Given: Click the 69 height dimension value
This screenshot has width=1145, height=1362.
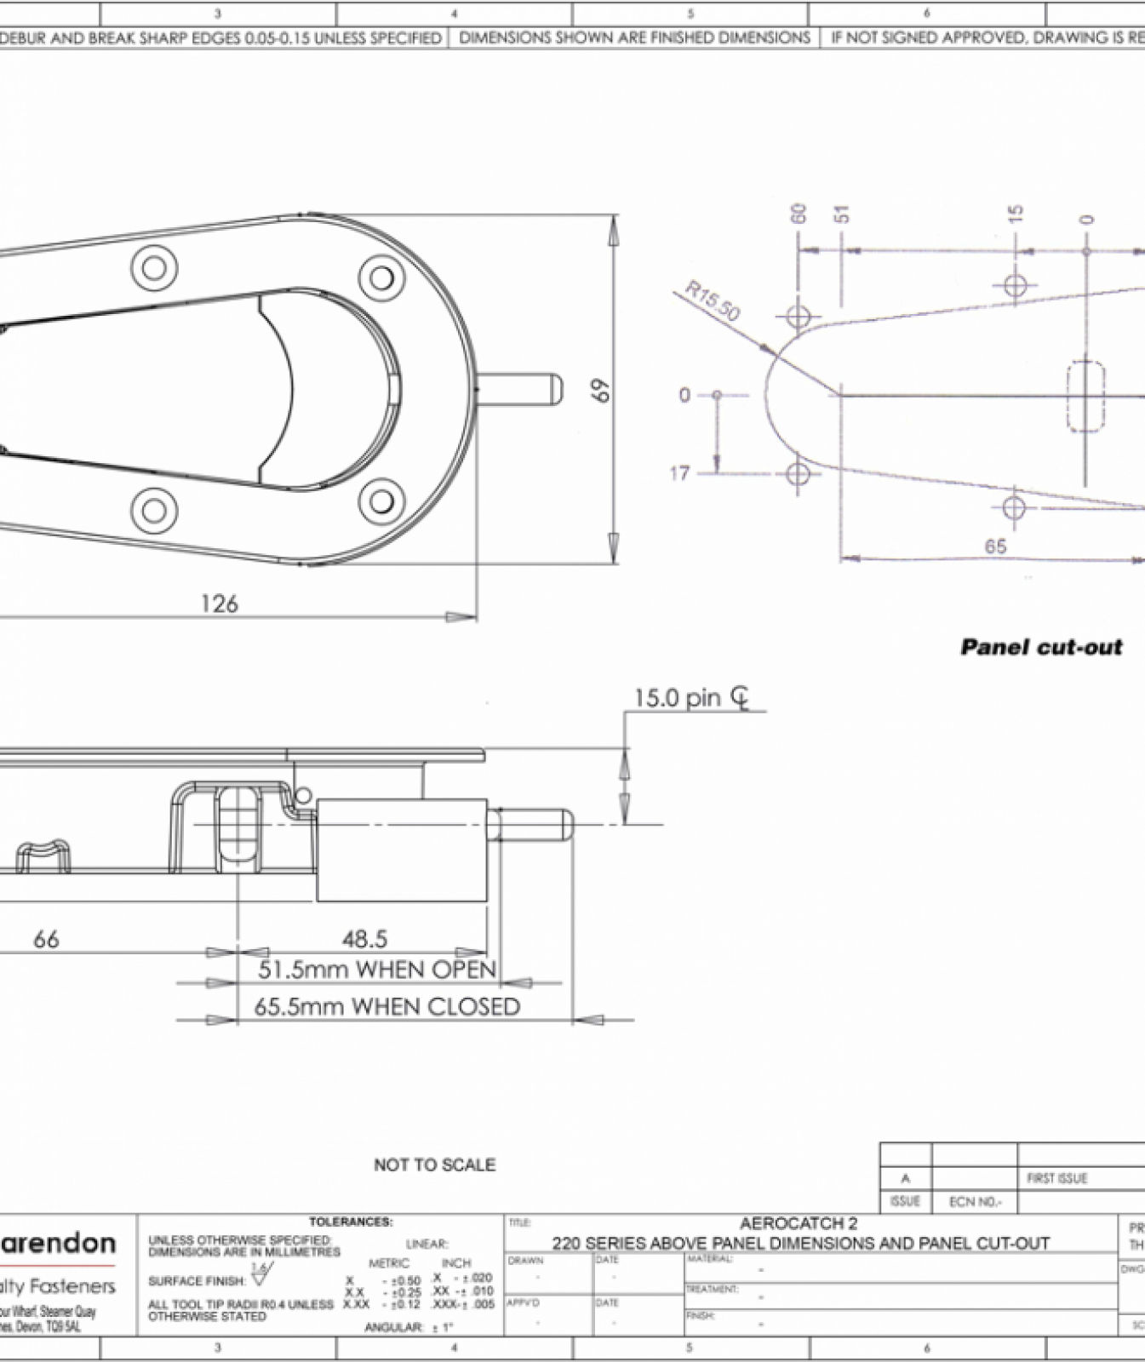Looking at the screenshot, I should [x=600, y=391].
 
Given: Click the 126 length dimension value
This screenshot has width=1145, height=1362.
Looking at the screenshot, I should [x=219, y=604].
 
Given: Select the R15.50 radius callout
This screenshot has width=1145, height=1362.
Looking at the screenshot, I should [x=713, y=301].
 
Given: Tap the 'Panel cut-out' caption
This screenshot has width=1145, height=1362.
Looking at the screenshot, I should [x=1040, y=647].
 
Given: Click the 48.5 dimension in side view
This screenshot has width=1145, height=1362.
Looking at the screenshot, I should [x=364, y=939].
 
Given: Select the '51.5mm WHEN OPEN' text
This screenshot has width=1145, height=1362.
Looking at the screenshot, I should [x=377, y=970].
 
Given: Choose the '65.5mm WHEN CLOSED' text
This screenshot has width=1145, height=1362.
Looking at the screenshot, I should [x=387, y=1007].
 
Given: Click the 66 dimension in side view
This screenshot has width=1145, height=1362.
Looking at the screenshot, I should [x=46, y=939].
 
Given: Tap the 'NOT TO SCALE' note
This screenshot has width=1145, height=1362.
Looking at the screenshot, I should [x=434, y=1165].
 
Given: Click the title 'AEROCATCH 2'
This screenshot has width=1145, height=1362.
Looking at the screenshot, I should [x=799, y=1223].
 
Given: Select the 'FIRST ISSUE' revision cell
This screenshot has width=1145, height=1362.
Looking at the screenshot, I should [x=1056, y=1178].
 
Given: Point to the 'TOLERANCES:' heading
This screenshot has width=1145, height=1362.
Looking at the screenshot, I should [x=351, y=1222].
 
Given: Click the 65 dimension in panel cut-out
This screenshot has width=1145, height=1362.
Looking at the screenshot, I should [x=995, y=547].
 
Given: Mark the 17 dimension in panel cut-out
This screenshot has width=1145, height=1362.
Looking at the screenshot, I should [x=679, y=473].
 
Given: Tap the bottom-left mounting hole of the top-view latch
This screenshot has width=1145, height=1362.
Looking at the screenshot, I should [x=154, y=511].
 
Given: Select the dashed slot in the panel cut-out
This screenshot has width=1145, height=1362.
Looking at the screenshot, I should [x=1086, y=396].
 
